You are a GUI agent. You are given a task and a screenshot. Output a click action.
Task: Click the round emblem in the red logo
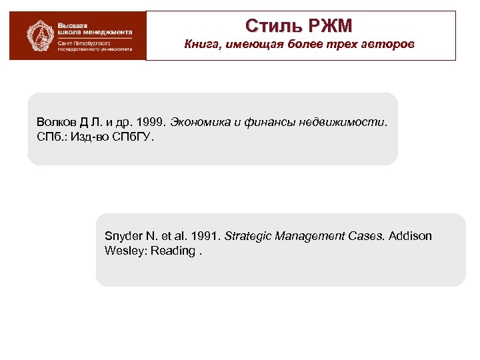click(x=37, y=35)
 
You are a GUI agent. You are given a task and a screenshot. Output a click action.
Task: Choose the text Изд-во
click(x=87, y=137)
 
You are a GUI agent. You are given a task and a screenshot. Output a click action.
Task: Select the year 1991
click(x=205, y=237)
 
